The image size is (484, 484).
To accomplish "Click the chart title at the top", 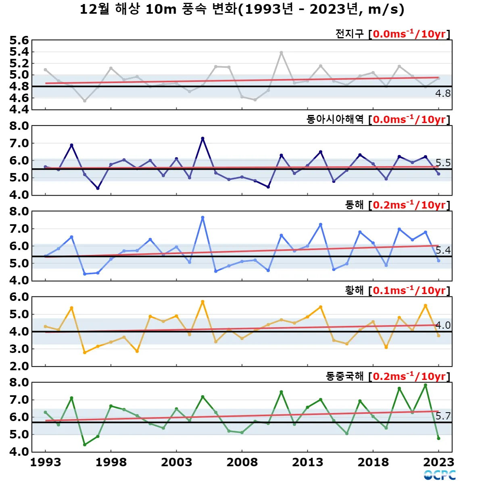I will tap(242, 9).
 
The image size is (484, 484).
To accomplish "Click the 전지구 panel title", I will tap(349, 34).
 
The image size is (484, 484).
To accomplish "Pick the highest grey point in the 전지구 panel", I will tap(281, 53).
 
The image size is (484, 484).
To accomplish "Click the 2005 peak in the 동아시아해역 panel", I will tap(202, 138).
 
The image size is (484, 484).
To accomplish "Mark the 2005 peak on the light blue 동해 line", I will tap(202, 218).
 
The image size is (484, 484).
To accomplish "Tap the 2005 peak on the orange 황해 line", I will tap(202, 302).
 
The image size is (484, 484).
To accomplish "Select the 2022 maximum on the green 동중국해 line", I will tap(425, 385).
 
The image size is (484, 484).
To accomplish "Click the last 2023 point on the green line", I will tap(438, 438).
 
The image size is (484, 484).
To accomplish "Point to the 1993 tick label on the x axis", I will tap(46, 462).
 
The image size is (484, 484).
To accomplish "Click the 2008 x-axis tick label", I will tap(242, 462).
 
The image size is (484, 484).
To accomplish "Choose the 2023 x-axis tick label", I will tap(438, 462).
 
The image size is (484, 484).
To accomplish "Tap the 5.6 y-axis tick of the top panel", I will tap(19, 40).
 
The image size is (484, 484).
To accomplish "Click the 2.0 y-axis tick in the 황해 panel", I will tap(19, 366).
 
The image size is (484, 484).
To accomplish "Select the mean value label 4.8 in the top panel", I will tap(443, 94).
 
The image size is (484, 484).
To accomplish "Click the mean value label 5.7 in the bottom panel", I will tap(443, 416).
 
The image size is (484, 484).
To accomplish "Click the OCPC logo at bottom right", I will tap(440, 475).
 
